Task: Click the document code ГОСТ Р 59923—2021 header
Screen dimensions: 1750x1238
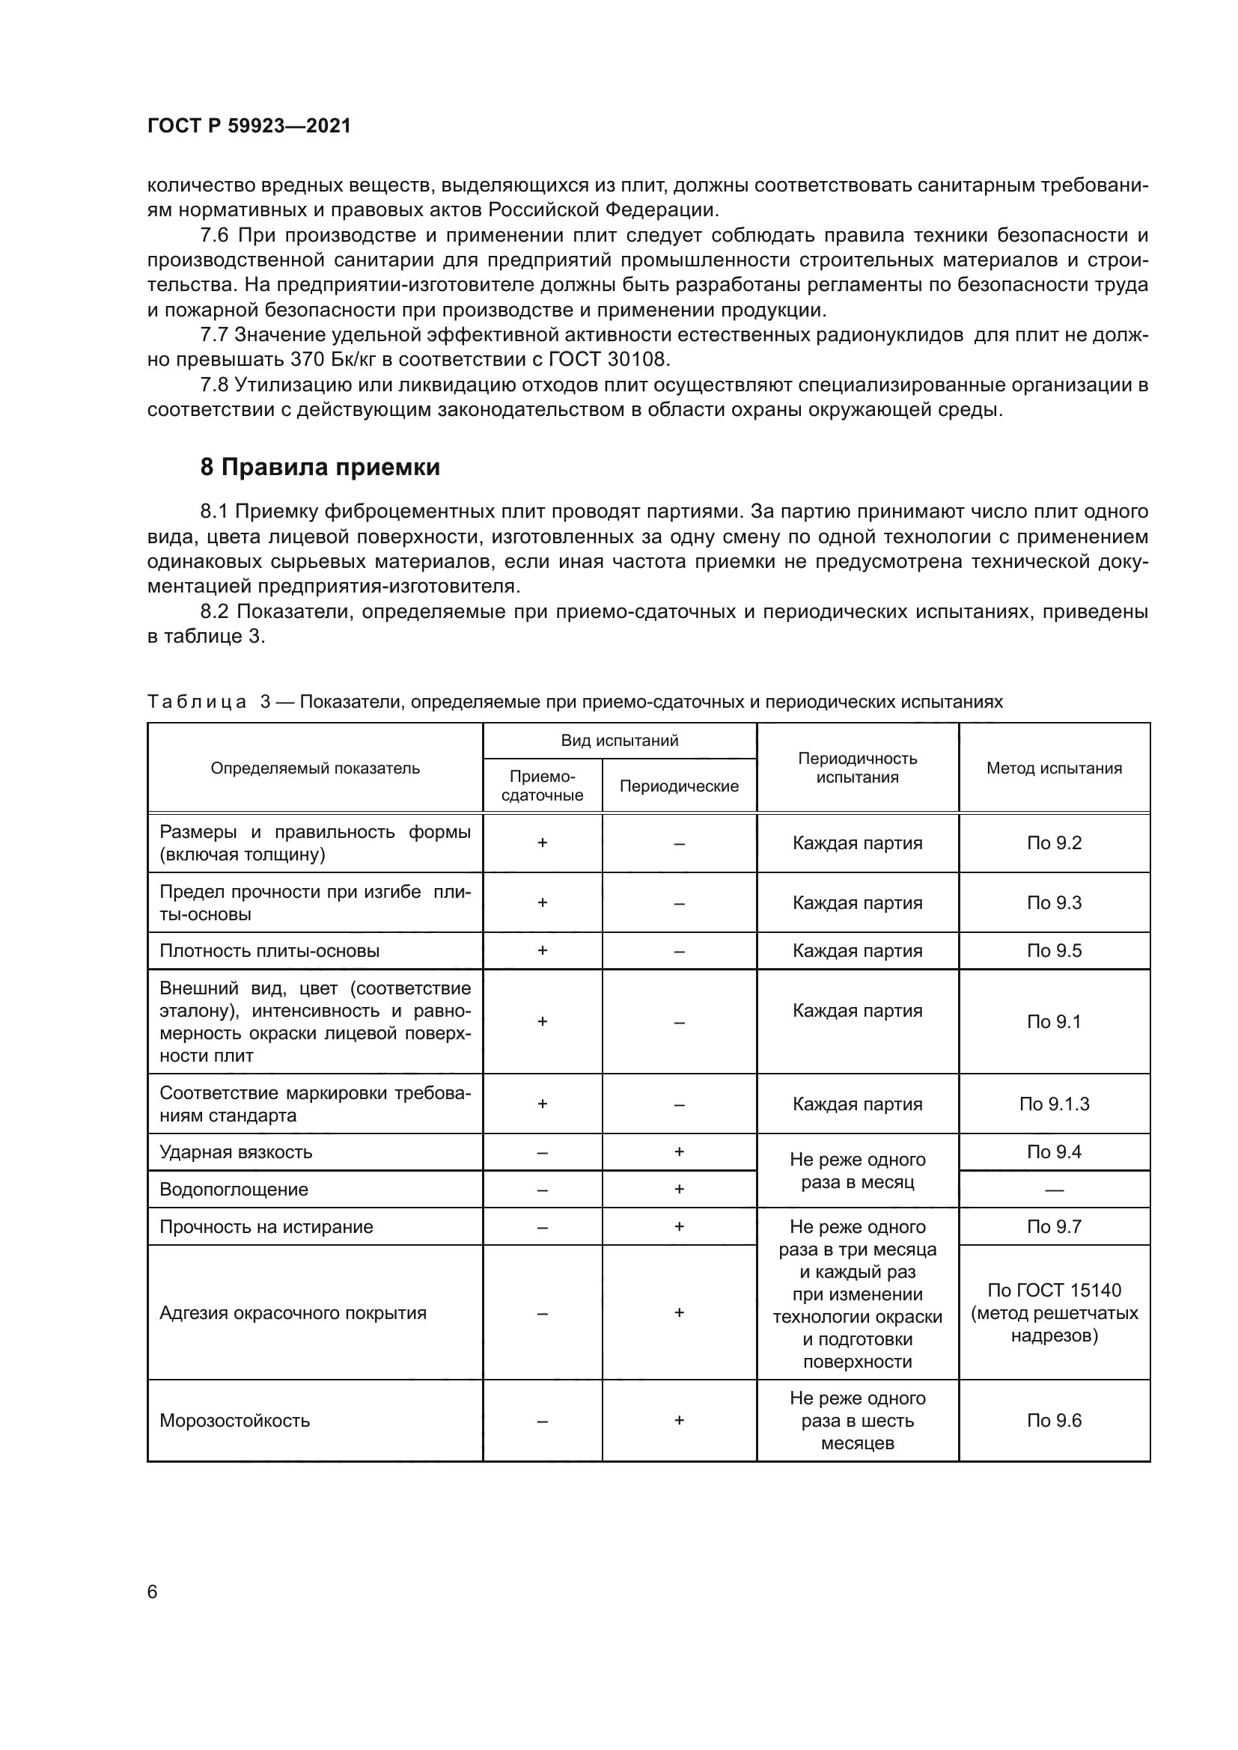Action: coord(248,126)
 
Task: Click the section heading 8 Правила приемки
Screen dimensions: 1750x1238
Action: coord(320,466)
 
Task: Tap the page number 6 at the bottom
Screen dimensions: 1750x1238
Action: coord(153,1591)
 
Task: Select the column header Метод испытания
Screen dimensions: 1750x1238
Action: coord(1054,768)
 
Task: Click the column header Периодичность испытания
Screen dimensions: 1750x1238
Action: coord(857,768)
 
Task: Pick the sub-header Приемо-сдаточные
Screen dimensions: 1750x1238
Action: coord(542,785)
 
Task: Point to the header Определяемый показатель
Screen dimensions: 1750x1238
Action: coord(315,768)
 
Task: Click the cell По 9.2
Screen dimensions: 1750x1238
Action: coord(1054,842)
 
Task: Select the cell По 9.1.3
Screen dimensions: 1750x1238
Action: coord(1054,1104)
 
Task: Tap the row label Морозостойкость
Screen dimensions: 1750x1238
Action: coord(235,1420)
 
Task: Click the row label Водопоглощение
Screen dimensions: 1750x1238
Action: coord(234,1189)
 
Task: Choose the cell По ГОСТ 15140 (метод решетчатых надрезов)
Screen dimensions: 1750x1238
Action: coord(1054,1312)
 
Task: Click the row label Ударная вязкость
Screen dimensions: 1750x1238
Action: coord(236,1151)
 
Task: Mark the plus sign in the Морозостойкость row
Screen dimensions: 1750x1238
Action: coord(678,1419)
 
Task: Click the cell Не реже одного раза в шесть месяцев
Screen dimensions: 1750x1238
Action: coord(857,1420)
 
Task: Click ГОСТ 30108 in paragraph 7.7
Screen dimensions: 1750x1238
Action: coord(608,359)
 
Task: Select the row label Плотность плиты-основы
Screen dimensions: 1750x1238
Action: coord(269,950)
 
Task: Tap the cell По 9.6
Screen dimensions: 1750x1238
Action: coord(1054,1420)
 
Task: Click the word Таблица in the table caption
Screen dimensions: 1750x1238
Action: coord(197,701)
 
